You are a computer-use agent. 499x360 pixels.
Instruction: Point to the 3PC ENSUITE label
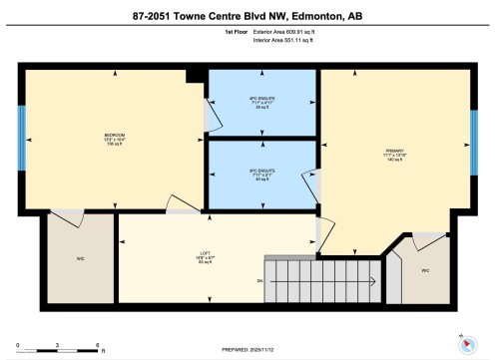261,171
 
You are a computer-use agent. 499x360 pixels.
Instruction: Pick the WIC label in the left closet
79,259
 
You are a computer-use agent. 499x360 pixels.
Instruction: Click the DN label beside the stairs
258,281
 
